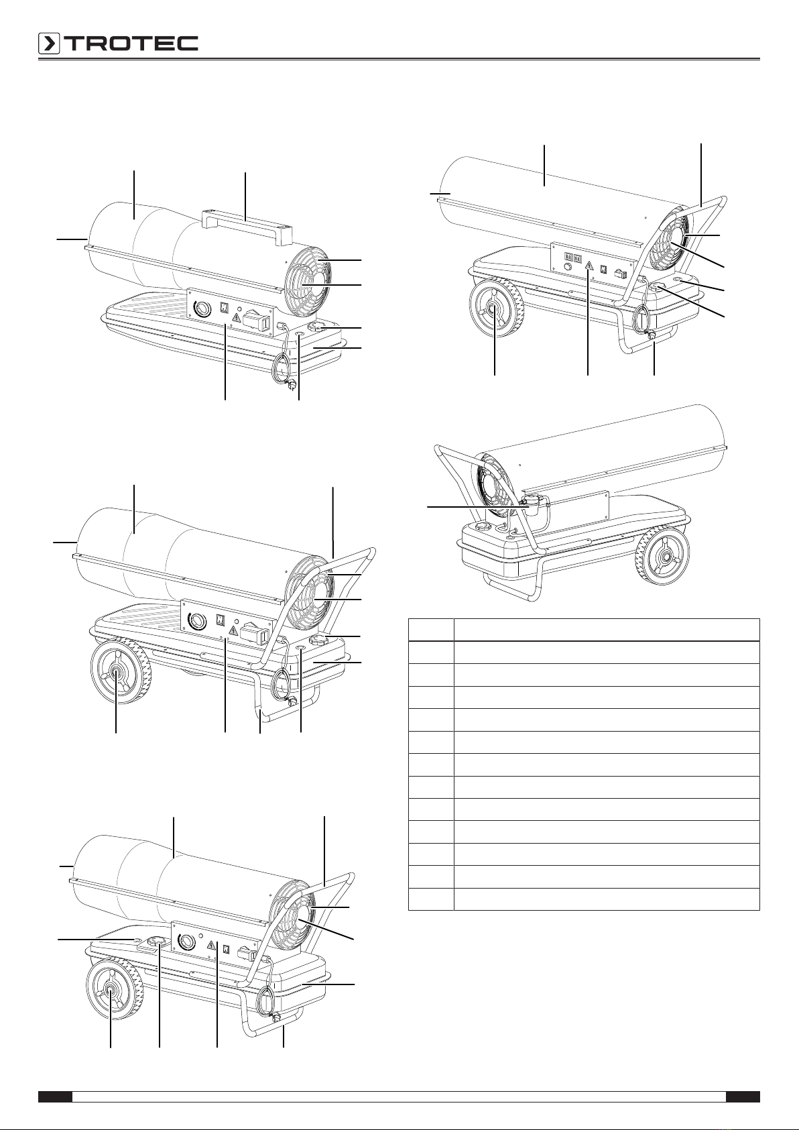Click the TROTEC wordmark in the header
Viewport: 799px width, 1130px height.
pos(131,44)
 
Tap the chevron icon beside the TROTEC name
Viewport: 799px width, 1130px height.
pos(49,44)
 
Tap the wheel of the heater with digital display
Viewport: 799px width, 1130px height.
pos(495,308)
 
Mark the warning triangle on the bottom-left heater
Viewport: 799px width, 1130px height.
pos(212,946)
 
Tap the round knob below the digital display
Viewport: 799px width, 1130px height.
pos(569,267)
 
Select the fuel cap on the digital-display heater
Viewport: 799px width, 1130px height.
pos(656,286)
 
